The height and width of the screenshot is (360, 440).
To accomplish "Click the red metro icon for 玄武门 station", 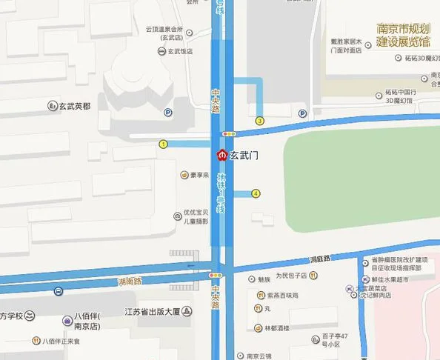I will [221, 156].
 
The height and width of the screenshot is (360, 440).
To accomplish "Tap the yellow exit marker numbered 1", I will [163, 144].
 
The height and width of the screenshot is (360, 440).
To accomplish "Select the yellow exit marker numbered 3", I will [259, 120].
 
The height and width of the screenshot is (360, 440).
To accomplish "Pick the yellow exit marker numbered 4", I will [256, 193].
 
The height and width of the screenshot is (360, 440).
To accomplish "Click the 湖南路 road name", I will [129, 281].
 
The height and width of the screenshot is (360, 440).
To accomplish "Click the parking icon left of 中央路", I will [168, 113].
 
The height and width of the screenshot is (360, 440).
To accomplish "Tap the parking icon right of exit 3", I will [302, 113].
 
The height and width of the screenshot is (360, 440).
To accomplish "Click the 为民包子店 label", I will [290, 275].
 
